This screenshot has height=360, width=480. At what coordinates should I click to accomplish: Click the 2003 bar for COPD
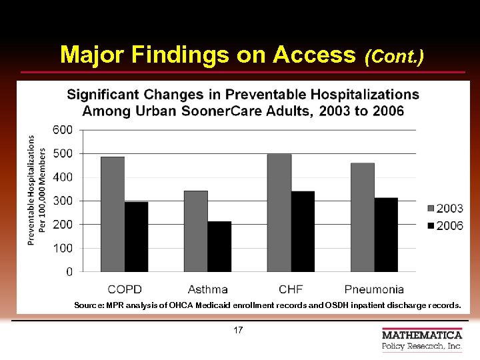click(113, 214)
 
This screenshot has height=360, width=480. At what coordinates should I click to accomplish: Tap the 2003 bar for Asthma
click(196, 231)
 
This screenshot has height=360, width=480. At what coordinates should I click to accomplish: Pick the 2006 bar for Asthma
click(219, 247)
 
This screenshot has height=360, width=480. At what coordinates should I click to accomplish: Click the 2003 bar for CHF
click(279, 213)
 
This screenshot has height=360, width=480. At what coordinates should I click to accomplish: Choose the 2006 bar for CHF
click(303, 231)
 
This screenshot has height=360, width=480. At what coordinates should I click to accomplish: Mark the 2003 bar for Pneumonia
click(363, 217)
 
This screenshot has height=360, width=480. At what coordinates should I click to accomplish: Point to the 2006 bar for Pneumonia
click(386, 235)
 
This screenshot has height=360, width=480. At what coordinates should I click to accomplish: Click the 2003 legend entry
click(445, 209)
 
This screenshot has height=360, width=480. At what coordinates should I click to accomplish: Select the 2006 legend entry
click(445, 226)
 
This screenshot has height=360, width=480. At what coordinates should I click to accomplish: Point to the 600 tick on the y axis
click(63, 130)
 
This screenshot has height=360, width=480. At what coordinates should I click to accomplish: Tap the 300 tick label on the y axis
click(63, 201)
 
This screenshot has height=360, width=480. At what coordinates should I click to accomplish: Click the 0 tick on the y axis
click(69, 272)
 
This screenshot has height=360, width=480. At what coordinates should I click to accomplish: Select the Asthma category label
click(207, 289)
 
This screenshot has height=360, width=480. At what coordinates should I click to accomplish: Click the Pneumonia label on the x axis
click(374, 289)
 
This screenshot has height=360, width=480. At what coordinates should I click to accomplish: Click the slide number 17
click(239, 331)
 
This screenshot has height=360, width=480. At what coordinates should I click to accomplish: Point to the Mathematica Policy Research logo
click(421, 339)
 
